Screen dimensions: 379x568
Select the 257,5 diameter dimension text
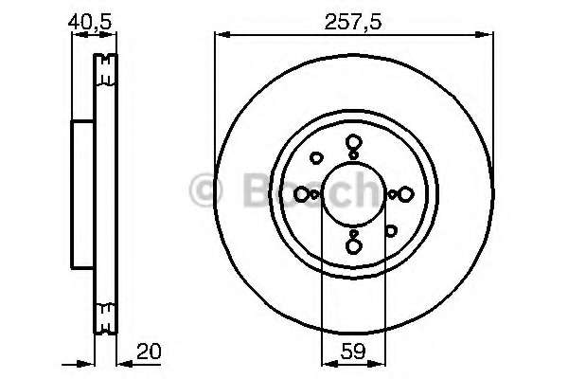click(352, 19)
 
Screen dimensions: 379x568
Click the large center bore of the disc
click(353, 194)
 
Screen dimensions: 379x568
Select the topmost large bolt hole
click(353, 143)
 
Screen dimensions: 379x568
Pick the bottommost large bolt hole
click(353, 246)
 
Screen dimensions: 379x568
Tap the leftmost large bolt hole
click(302, 194)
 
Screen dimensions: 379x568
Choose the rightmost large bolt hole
click(405, 194)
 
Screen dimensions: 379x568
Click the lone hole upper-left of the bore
click(317, 158)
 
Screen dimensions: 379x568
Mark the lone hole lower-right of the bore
click(389, 230)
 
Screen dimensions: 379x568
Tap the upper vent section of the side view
click(106, 70)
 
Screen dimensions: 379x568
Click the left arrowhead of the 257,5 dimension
click(220, 35)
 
